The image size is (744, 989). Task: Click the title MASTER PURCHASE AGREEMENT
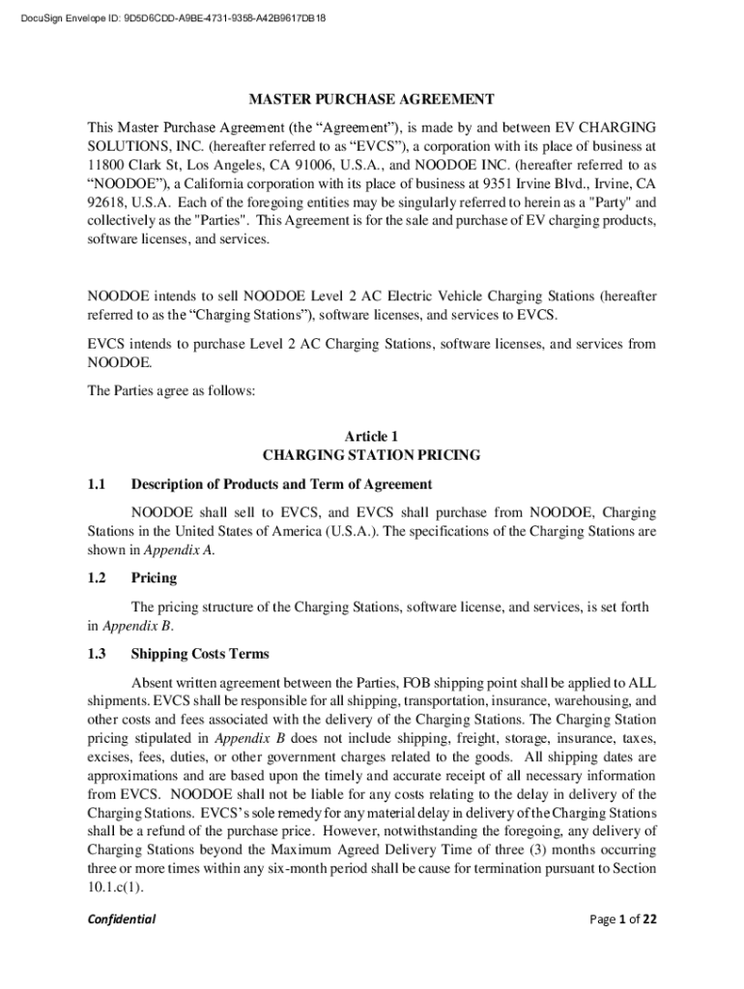pos(372,99)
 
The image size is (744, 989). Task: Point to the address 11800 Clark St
pos(135,165)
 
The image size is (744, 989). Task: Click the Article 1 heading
pos(372,437)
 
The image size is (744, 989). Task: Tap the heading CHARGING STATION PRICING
pos(372,455)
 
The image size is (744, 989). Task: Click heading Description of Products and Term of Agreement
pos(281,484)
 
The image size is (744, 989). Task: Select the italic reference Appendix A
pos(179,550)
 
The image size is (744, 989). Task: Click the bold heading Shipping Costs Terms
pos(200,654)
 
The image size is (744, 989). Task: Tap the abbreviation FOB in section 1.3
pos(417,682)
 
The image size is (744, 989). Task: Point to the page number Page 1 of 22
pos(623,918)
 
